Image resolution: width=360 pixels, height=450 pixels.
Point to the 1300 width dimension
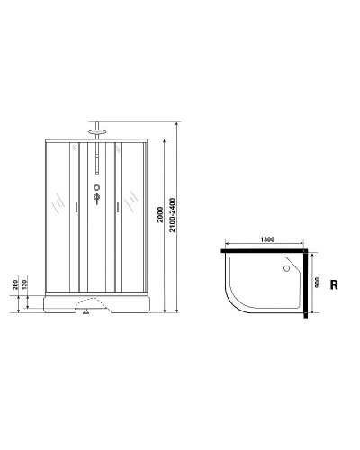tap(267, 239)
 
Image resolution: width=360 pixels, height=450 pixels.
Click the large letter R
tap(334, 285)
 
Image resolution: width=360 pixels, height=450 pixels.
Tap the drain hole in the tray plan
tap(288, 266)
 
